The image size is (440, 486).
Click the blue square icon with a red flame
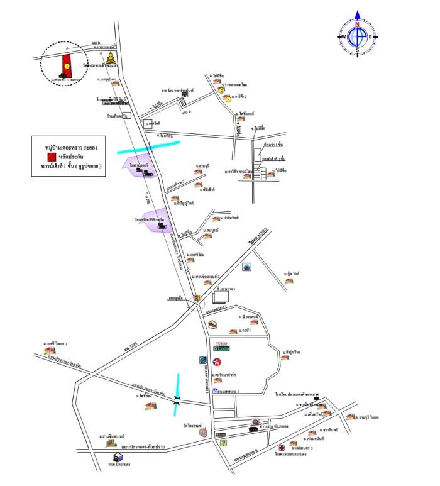click(x=248, y=265)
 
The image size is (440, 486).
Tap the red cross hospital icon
click(x=281, y=448)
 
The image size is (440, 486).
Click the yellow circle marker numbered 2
click(x=221, y=90)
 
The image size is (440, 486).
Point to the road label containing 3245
click(x=130, y=345)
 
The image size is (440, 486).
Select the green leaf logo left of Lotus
click(x=203, y=360)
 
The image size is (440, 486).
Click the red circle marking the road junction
click(x=199, y=300)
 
